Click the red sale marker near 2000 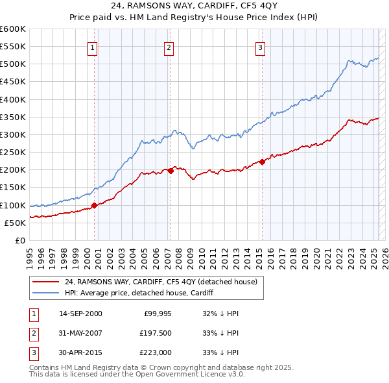pos(94,205)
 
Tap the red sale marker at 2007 pos(171,171)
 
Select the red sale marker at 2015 pos(262,162)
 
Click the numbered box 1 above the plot pos(93,47)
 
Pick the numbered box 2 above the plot pos(169,47)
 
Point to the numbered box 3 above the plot pos(260,47)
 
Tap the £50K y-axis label pos(16,223)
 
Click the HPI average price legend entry pos(139,293)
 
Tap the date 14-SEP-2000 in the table pos(80,314)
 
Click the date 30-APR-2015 pos(80,352)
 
